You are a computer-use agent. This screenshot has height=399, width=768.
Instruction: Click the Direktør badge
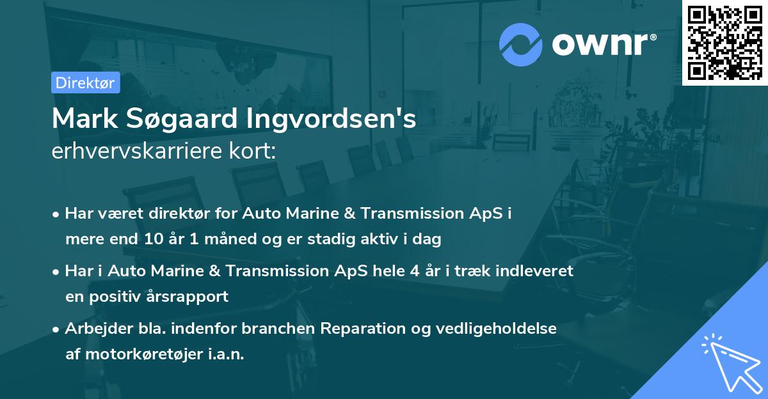click(85, 82)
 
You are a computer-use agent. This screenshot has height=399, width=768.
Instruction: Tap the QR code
click(724, 42)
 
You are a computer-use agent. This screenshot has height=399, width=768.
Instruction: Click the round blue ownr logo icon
click(521, 44)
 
